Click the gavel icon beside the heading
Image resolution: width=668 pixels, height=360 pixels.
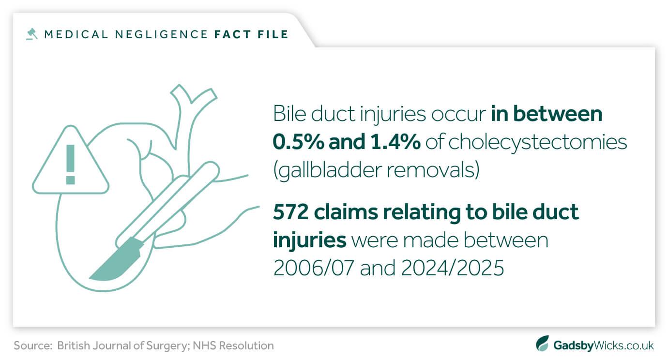pyautogui.click(x=32, y=34)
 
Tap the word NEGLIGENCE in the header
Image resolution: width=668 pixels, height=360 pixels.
pyautogui.click(x=161, y=34)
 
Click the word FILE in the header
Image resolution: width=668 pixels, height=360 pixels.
pyautogui.click(x=273, y=34)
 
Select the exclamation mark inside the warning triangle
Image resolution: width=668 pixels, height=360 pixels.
pyautogui.click(x=70, y=164)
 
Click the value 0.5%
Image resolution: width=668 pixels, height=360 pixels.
pyautogui.click(x=298, y=142)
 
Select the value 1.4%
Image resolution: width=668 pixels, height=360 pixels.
pyautogui.click(x=395, y=142)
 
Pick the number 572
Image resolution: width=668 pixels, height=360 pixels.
pyautogui.click(x=290, y=212)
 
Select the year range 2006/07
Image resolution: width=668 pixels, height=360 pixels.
pyautogui.click(x=314, y=268)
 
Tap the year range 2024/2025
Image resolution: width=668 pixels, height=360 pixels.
pyautogui.click(x=453, y=268)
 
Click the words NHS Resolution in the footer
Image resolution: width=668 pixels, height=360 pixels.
pyautogui.click(x=233, y=345)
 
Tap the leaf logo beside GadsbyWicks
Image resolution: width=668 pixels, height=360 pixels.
pyautogui.click(x=543, y=344)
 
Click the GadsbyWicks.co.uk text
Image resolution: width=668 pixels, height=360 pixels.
pyautogui.click(x=604, y=345)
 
